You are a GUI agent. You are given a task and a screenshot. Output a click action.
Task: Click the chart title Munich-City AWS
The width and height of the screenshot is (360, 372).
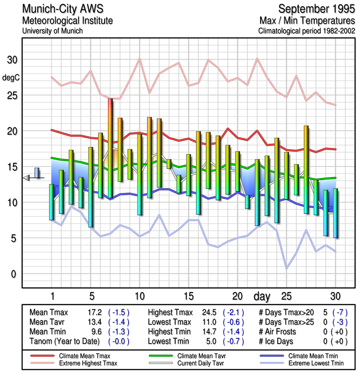point(61,9)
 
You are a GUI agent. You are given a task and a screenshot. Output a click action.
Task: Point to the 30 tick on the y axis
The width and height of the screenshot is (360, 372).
point(12,60)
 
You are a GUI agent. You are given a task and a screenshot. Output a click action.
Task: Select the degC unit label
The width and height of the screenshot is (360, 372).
point(11,78)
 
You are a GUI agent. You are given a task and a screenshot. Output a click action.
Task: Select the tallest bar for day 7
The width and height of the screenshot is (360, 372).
point(110,148)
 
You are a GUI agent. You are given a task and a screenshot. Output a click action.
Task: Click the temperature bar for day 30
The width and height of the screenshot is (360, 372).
point(335,213)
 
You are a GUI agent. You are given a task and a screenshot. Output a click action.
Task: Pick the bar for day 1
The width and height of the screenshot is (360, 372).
point(51,202)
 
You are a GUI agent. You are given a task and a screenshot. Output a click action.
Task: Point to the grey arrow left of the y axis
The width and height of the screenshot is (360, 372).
point(27,178)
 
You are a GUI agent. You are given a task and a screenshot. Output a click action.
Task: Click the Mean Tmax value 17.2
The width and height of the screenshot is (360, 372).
point(95,312)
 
